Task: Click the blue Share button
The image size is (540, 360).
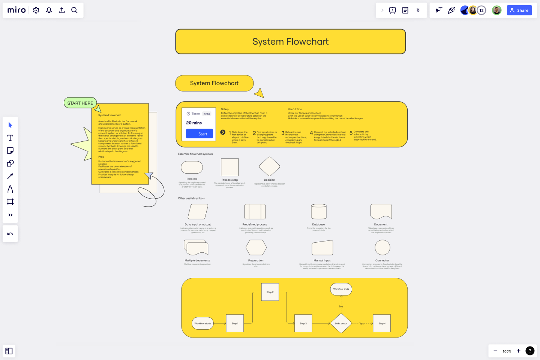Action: (519, 10)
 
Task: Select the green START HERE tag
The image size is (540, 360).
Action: (80, 103)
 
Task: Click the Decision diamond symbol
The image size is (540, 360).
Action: (270, 166)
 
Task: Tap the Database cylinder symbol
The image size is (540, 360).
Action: (319, 211)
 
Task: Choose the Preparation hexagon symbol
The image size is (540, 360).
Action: (256, 247)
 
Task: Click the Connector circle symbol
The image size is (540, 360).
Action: (382, 247)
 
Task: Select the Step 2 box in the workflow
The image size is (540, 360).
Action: (270, 292)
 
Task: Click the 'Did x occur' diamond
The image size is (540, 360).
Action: (341, 323)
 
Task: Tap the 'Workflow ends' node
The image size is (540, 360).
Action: (341, 289)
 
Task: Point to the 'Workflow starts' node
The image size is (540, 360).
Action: (202, 323)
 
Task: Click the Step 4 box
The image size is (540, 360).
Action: (382, 323)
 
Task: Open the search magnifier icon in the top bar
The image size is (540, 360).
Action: (74, 10)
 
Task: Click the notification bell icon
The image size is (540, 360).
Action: (49, 10)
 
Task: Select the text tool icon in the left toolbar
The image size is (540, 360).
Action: (10, 138)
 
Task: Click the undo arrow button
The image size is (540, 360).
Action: (10, 234)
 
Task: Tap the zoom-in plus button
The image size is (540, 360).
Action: (518, 351)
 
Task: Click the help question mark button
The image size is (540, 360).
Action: (530, 351)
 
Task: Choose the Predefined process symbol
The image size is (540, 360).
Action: (255, 211)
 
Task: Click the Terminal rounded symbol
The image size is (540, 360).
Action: (192, 167)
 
